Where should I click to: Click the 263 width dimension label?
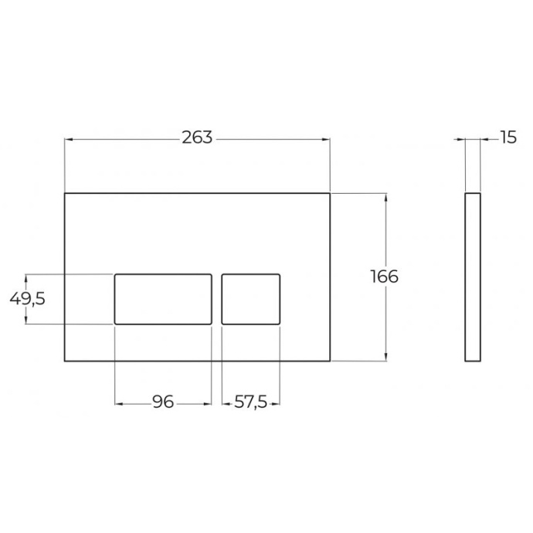[197, 138]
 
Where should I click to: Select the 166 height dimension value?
[384, 276]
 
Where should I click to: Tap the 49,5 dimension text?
[27, 298]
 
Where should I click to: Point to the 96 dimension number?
[162, 402]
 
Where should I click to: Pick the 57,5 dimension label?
[251, 402]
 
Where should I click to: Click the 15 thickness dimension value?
[508, 138]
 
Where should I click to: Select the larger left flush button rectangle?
[163, 298]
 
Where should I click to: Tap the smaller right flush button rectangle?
[251, 298]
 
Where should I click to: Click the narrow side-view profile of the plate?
[474, 277]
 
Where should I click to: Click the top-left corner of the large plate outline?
[64, 192]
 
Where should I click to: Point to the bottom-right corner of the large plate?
[330, 361]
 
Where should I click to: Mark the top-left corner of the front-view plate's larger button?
[115, 273]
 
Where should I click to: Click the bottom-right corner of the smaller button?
[280, 324]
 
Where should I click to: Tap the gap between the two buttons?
[216, 298]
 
